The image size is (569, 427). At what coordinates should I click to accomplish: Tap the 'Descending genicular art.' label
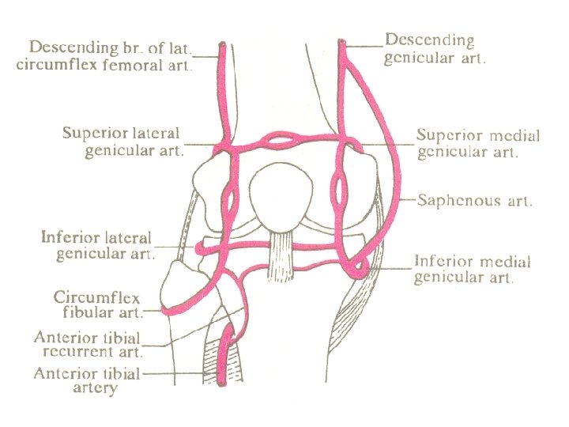[x=435, y=48]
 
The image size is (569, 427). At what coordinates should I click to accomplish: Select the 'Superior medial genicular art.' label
[x=478, y=144]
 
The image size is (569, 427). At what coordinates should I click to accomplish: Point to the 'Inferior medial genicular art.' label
[x=473, y=270]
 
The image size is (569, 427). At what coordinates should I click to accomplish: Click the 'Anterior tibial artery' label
[x=87, y=380]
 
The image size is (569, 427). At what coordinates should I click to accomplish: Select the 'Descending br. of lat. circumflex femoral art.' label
[x=104, y=55]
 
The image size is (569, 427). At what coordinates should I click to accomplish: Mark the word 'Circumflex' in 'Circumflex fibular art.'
[x=96, y=298]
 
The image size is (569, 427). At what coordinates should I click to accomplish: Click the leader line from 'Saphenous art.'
[x=409, y=200]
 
